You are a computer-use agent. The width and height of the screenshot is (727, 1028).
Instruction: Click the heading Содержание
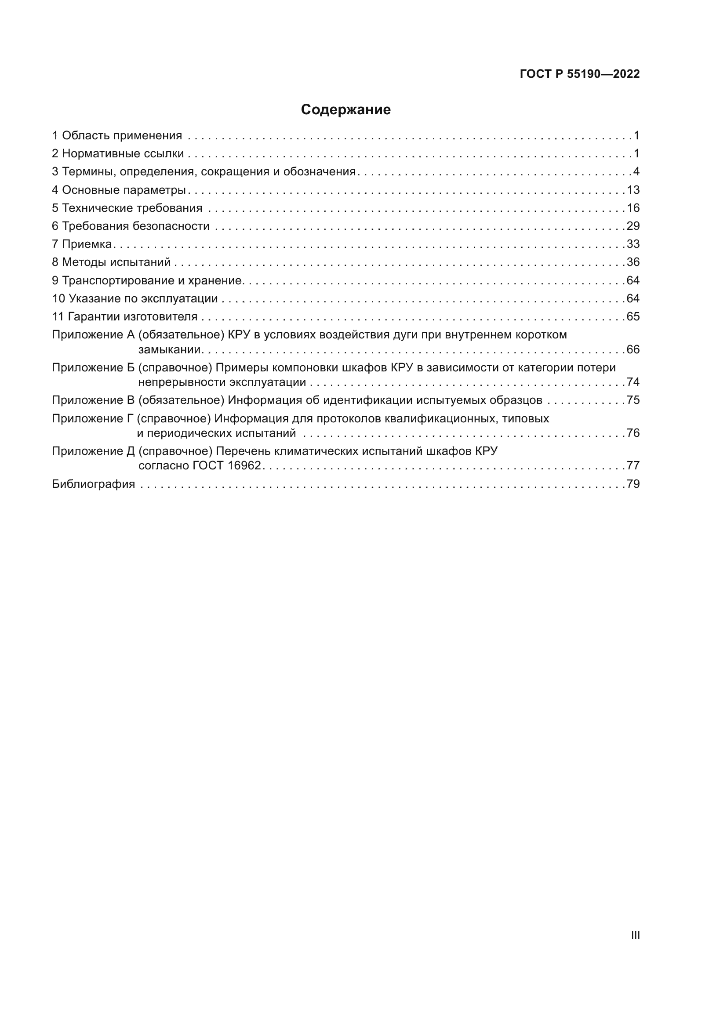[x=345, y=110]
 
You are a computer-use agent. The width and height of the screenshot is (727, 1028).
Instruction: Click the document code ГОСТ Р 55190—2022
[x=579, y=74]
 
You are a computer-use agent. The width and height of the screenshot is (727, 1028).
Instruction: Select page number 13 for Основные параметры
[x=633, y=190]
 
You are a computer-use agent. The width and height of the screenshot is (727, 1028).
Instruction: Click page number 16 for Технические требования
[x=633, y=208]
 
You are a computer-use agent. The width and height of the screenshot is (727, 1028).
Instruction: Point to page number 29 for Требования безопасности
[x=633, y=226]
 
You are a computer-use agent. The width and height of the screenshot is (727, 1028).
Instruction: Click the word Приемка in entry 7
[x=87, y=244]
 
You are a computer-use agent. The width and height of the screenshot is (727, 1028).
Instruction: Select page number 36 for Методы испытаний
[x=633, y=262]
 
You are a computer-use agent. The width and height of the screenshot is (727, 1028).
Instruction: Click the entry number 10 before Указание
[x=58, y=298]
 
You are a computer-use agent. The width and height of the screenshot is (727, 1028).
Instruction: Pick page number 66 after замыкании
[x=633, y=350]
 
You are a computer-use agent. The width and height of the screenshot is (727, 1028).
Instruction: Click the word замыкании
[x=169, y=350]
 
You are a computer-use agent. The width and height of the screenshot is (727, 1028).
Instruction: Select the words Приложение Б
[x=93, y=367]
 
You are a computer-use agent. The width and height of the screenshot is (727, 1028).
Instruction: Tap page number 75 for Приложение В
[x=633, y=400]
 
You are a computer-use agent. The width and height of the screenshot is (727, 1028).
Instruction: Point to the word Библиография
[x=93, y=484]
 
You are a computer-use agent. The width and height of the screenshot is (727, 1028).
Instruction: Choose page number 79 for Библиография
[x=633, y=484]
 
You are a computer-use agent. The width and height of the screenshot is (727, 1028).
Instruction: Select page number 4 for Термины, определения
[x=636, y=172]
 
